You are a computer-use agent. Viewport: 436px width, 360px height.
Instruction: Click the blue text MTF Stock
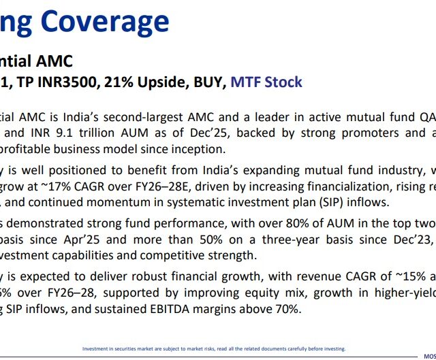pyautogui.click(x=266, y=82)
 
